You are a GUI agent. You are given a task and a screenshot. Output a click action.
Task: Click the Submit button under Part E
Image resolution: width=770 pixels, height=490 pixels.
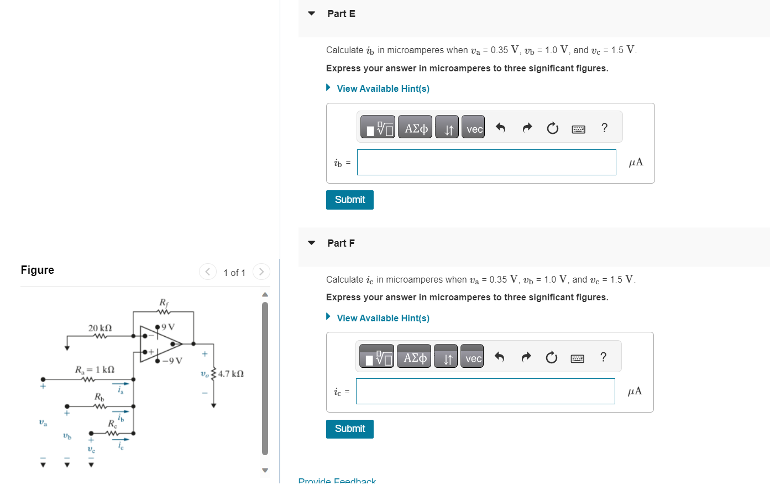[349, 200]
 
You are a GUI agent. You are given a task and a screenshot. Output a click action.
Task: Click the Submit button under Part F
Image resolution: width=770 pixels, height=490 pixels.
[349, 429]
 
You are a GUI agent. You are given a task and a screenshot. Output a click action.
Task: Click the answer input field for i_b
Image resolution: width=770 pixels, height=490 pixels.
[486, 163]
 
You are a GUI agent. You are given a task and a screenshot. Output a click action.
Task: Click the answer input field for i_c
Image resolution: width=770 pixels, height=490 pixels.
[485, 392]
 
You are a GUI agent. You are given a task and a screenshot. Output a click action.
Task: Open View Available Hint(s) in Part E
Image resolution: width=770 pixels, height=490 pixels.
[383, 88]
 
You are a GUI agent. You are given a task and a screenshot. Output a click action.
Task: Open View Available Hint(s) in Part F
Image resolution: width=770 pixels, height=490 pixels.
[383, 318]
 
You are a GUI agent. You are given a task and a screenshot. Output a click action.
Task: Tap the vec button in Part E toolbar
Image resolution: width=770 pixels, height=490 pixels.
[474, 129]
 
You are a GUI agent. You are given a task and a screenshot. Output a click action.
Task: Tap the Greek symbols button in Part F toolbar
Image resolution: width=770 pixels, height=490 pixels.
[415, 358]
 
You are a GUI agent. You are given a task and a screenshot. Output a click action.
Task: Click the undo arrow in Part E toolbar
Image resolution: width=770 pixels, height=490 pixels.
[500, 128]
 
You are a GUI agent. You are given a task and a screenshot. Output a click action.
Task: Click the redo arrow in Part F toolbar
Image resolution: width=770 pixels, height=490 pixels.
[526, 357]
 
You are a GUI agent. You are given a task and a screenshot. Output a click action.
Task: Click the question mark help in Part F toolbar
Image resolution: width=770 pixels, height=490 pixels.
[603, 357]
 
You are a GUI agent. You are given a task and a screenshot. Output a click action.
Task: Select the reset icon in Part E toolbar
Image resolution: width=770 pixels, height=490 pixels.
[552, 128]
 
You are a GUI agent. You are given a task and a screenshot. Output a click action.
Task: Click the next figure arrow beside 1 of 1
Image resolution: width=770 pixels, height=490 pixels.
[261, 272]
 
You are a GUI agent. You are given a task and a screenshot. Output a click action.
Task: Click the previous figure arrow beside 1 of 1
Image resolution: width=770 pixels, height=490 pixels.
[208, 272]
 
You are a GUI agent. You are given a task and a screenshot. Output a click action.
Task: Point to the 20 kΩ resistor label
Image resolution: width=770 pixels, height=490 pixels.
[100, 328]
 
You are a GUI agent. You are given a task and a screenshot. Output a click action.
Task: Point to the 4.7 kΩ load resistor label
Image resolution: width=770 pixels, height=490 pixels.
[231, 374]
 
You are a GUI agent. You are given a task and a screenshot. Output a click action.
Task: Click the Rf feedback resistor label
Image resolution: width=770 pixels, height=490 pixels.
[164, 303]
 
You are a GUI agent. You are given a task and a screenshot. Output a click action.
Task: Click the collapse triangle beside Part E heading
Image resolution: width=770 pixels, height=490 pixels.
[312, 13]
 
